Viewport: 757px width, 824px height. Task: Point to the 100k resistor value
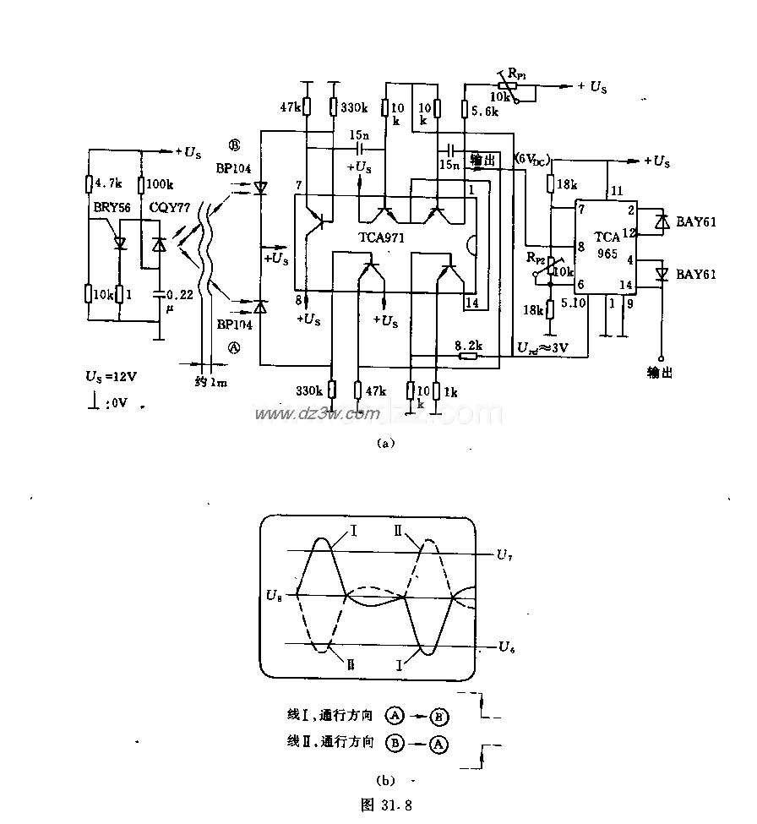coord(161,183)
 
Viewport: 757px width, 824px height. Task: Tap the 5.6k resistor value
coord(487,111)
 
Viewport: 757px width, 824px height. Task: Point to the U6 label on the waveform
coord(505,647)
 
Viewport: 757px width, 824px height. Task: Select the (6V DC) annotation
coord(531,159)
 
